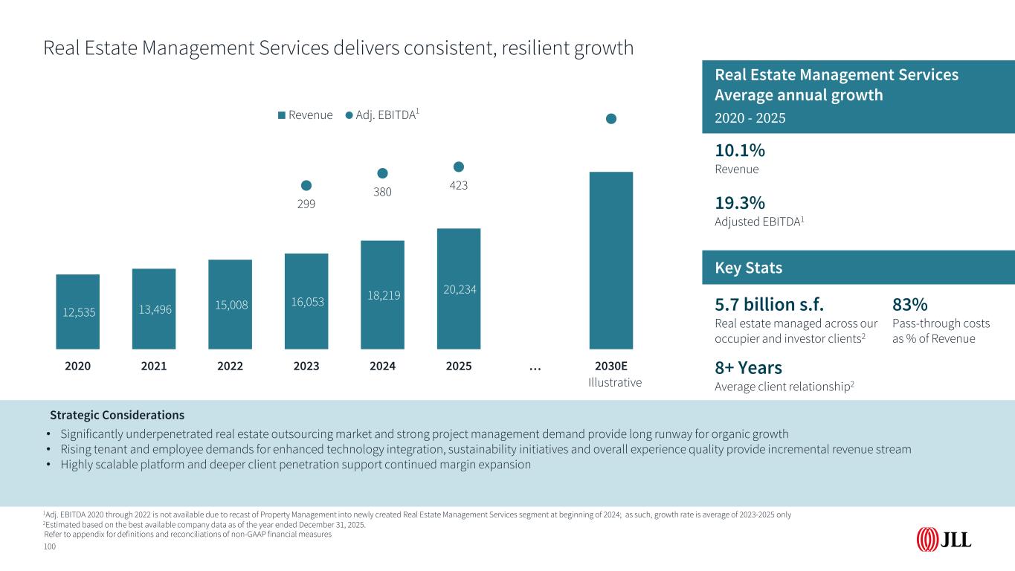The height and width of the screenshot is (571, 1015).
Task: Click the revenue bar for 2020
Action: (77, 312)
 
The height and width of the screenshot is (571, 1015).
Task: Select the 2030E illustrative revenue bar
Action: (610, 260)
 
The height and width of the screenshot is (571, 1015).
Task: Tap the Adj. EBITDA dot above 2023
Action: (306, 185)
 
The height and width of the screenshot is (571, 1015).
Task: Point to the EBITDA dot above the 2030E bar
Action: (610, 118)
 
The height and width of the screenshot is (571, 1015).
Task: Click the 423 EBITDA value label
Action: (459, 186)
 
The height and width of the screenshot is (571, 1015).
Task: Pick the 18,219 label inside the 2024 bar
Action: (382, 295)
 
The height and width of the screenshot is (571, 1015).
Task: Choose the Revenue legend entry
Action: (305, 114)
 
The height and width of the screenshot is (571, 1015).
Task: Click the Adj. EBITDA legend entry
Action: (383, 114)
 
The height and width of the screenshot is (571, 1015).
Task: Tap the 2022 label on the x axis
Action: (230, 367)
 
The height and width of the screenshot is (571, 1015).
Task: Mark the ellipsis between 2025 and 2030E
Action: (535, 367)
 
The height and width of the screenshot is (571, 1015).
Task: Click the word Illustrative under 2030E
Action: (614, 382)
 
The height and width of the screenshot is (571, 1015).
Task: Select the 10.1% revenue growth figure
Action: (740, 150)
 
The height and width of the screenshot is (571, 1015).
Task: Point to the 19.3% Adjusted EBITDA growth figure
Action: (740, 204)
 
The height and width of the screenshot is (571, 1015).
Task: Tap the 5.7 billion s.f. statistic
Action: (769, 305)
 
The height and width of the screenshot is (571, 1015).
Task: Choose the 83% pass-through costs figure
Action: (909, 305)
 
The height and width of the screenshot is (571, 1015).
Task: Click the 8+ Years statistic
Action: (748, 367)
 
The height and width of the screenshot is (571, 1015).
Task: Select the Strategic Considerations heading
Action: (117, 415)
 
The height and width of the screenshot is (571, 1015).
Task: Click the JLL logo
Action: (944, 539)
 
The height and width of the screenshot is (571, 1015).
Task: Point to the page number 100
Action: (50, 546)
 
